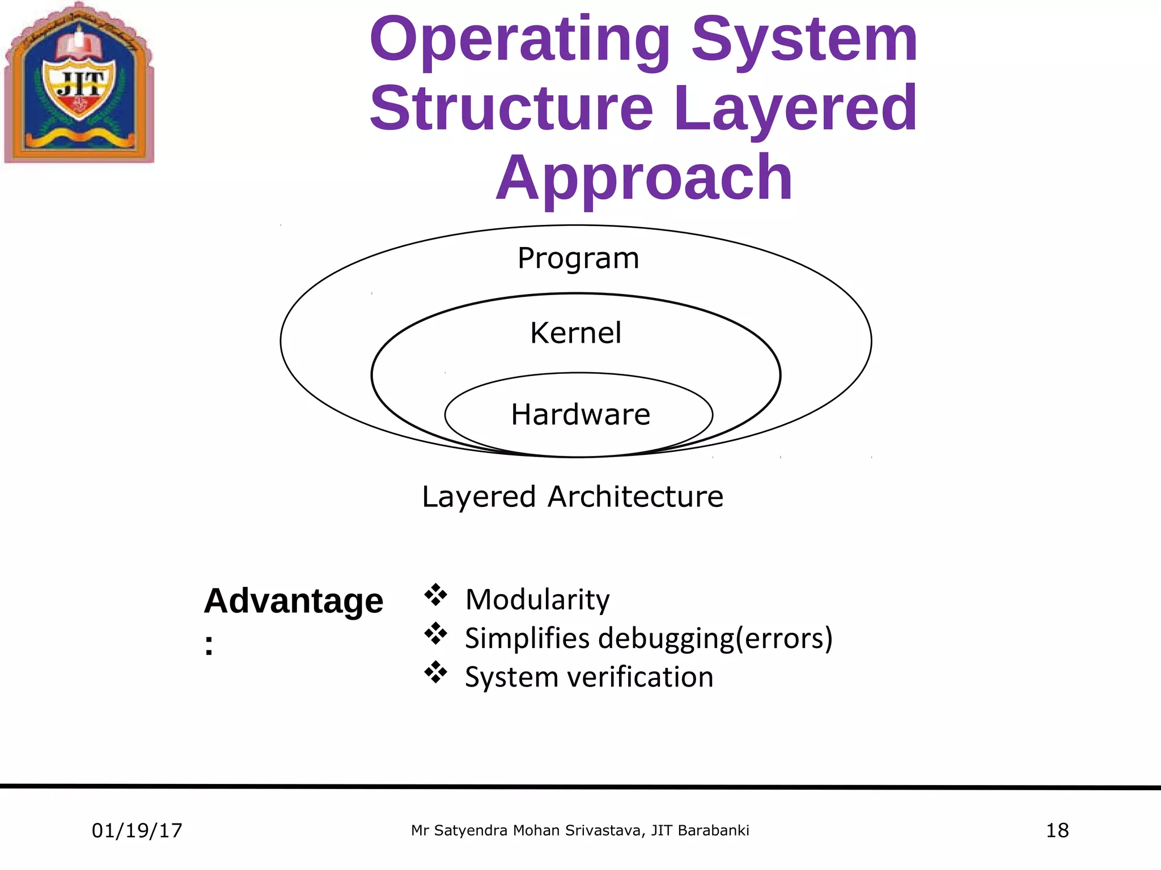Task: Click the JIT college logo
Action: pyautogui.click(x=79, y=84)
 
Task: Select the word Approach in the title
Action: pyautogui.click(x=644, y=178)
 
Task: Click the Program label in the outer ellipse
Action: pyautogui.click(x=578, y=258)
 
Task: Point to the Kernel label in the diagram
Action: pyautogui.click(x=575, y=332)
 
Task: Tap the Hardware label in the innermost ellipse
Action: pyautogui.click(x=580, y=414)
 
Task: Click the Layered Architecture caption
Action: pyautogui.click(x=573, y=497)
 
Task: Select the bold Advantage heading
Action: pyautogui.click(x=293, y=600)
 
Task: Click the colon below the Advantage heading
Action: pyautogui.click(x=209, y=645)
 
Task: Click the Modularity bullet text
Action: pyautogui.click(x=537, y=599)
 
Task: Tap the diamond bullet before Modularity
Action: pyautogui.click(x=435, y=595)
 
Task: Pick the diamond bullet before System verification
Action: pyautogui.click(x=435, y=672)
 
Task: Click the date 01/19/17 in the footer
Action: pyautogui.click(x=137, y=831)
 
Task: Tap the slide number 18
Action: pyautogui.click(x=1057, y=831)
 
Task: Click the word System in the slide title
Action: pyautogui.click(x=804, y=40)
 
